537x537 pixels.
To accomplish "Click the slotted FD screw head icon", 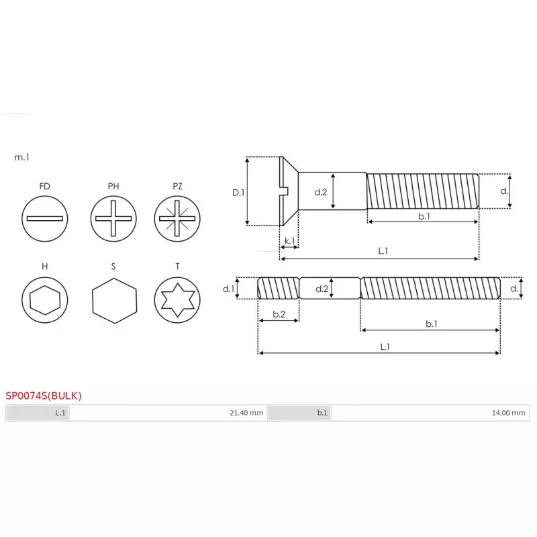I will [x=45, y=219].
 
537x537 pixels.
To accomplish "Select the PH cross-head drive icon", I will [x=113, y=219].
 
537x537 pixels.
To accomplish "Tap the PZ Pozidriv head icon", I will [x=177, y=219].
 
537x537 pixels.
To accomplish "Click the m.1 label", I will [x=21, y=158].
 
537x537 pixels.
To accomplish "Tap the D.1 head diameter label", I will [x=238, y=192].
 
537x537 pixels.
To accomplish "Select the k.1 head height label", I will [x=289, y=240].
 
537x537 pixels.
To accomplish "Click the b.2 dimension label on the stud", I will [x=279, y=313].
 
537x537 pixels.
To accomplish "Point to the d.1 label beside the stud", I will [x=228, y=289].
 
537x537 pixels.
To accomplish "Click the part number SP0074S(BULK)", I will [x=44, y=395].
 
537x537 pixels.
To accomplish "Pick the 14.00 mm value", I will [x=508, y=413].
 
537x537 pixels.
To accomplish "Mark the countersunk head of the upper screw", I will [x=288, y=192].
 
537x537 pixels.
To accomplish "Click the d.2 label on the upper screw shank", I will [x=321, y=192].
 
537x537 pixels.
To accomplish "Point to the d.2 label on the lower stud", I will [x=321, y=289].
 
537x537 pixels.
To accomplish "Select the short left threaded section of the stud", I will [x=279, y=289].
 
